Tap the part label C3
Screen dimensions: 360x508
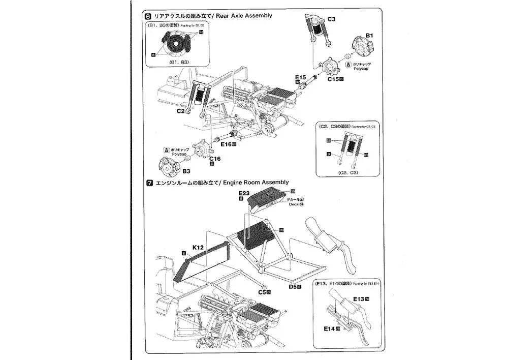coord(331,20)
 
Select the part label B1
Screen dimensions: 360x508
coord(370,36)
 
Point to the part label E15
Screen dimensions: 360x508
coord(300,77)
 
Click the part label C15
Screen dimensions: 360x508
coord(333,79)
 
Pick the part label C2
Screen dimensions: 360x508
coord(180,111)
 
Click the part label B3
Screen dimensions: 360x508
coord(186,171)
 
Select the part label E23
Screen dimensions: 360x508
coord(243,193)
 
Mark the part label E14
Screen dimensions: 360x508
coord(329,329)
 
